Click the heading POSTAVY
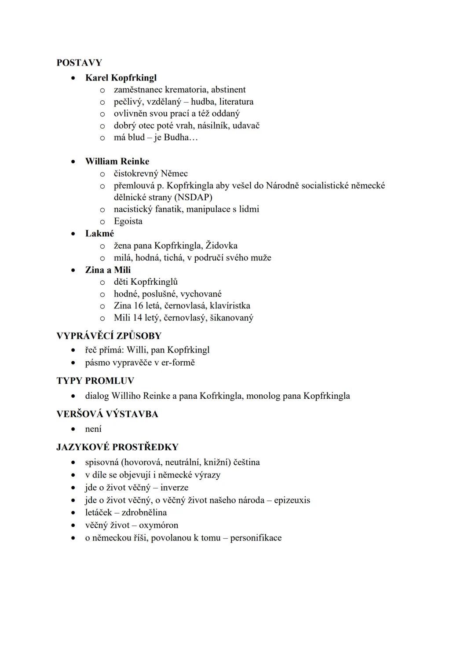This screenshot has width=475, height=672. [79, 62]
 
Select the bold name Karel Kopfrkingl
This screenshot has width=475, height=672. [121, 78]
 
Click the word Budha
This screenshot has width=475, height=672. [176, 137]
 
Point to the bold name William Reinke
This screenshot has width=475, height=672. [117, 162]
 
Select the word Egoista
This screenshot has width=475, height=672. [128, 221]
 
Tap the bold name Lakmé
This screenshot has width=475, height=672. [99, 234]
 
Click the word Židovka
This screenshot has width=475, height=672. [222, 246]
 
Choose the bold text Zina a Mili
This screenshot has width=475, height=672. [108, 270]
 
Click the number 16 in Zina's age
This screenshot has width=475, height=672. [139, 306]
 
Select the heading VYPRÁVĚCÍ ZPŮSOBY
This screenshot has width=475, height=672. [109, 336]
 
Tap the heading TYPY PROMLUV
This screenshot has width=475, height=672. [95, 381]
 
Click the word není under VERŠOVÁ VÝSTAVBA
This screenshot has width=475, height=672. [93, 429]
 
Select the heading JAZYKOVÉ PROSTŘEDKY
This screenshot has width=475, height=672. [117, 447]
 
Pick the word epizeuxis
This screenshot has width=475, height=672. [292, 500]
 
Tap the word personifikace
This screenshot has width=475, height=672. [256, 538]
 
